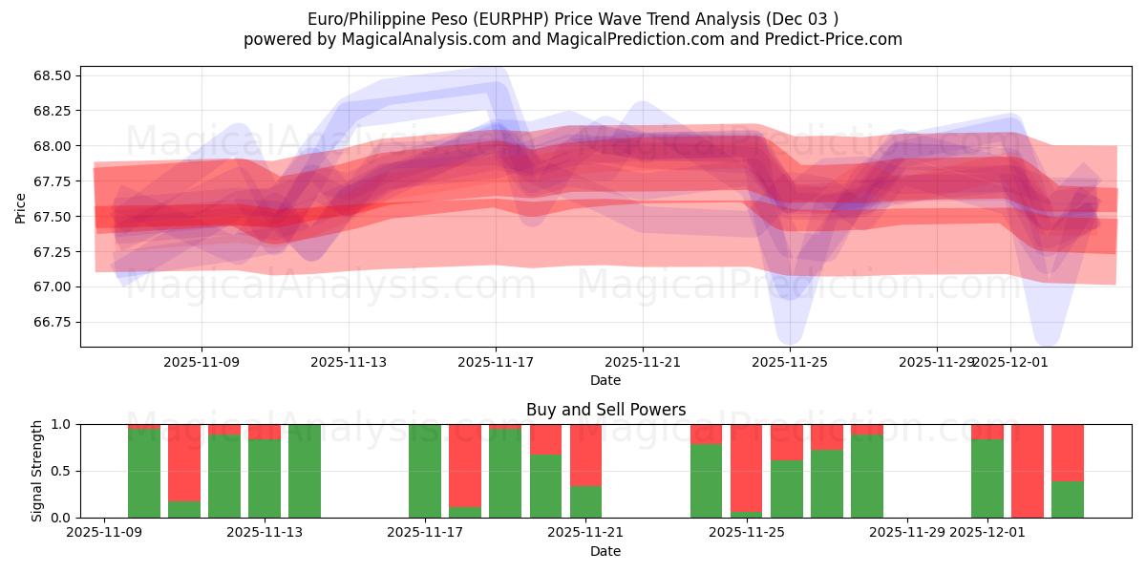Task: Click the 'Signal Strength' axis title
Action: pyautogui.click(x=37, y=471)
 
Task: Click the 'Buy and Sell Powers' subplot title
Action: pyautogui.click(x=605, y=410)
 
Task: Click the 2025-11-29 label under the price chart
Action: pyautogui.click(x=937, y=362)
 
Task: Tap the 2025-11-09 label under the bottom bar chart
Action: pyautogui.click(x=104, y=533)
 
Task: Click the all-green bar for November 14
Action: pyautogui.click(x=305, y=471)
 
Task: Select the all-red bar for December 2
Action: pyautogui.click(x=1028, y=471)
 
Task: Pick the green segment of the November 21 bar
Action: pyautogui.click(x=586, y=501)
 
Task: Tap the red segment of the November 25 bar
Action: pyautogui.click(x=747, y=468)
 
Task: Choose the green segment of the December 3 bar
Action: pyautogui.click(x=1068, y=499)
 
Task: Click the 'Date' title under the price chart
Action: pyautogui.click(x=605, y=380)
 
